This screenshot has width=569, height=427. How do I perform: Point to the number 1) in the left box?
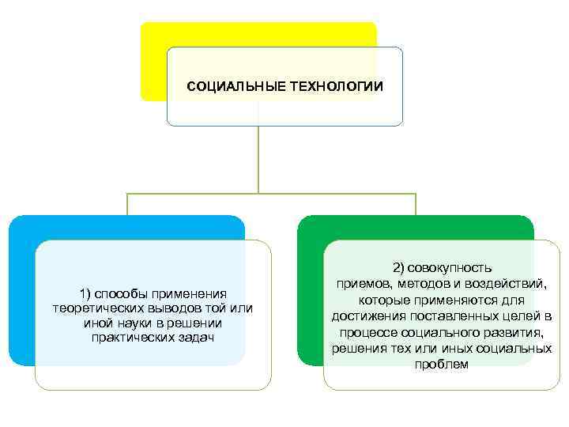[86, 293]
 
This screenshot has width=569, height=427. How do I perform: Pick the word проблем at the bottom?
[441, 365]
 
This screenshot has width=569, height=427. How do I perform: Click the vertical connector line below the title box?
[258, 158]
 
